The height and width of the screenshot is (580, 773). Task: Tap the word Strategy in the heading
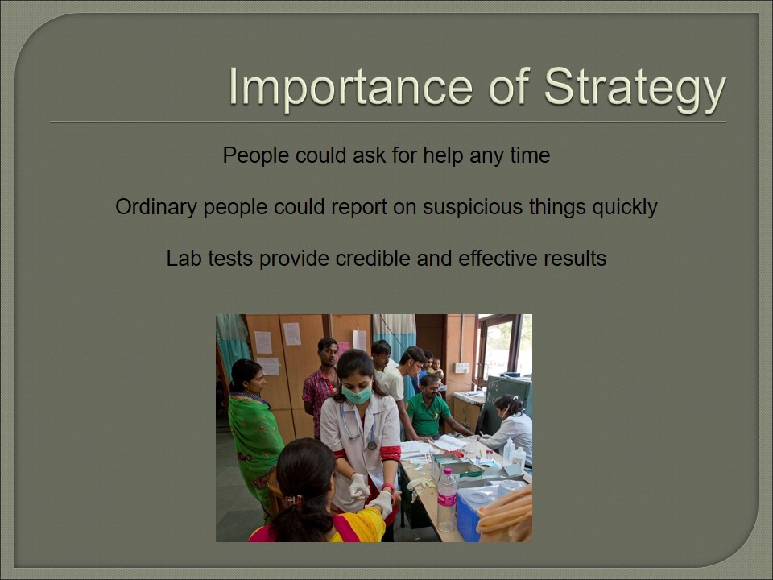635,89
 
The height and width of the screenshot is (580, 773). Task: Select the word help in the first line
443,155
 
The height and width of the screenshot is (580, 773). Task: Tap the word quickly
625,207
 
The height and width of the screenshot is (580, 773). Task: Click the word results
575,258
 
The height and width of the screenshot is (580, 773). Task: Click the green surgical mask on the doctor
357,395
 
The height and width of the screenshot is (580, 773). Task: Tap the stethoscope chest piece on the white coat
372,445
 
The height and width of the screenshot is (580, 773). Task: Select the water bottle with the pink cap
447,499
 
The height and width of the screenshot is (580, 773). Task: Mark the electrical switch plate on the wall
461,367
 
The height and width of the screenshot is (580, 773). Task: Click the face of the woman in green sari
256,379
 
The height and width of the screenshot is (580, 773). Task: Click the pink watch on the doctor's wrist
388,487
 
